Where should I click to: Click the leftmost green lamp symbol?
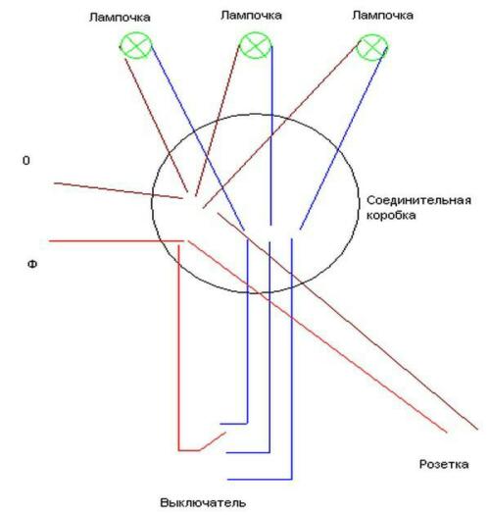[135, 46]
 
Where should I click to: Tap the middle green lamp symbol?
[256, 45]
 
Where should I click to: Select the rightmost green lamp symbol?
[371, 47]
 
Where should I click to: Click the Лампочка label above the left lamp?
[120, 17]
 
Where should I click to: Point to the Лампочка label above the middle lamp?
[251, 16]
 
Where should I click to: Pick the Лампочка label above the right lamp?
[382, 15]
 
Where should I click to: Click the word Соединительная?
[418, 200]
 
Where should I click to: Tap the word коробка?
[391, 216]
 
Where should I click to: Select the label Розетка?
[444, 464]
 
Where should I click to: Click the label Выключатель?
[203, 503]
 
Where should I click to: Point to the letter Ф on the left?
[32, 265]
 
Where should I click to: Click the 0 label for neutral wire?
[25, 161]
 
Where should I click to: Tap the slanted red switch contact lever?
[213, 441]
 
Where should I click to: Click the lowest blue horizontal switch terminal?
[260, 480]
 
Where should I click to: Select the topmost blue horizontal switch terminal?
[233, 424]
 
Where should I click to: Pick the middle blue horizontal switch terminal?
[248, 452]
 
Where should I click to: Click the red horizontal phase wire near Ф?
[117, 241]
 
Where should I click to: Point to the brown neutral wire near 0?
[119, 190]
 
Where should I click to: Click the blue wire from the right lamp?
[343, 138]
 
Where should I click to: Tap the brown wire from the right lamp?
[281, 125]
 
